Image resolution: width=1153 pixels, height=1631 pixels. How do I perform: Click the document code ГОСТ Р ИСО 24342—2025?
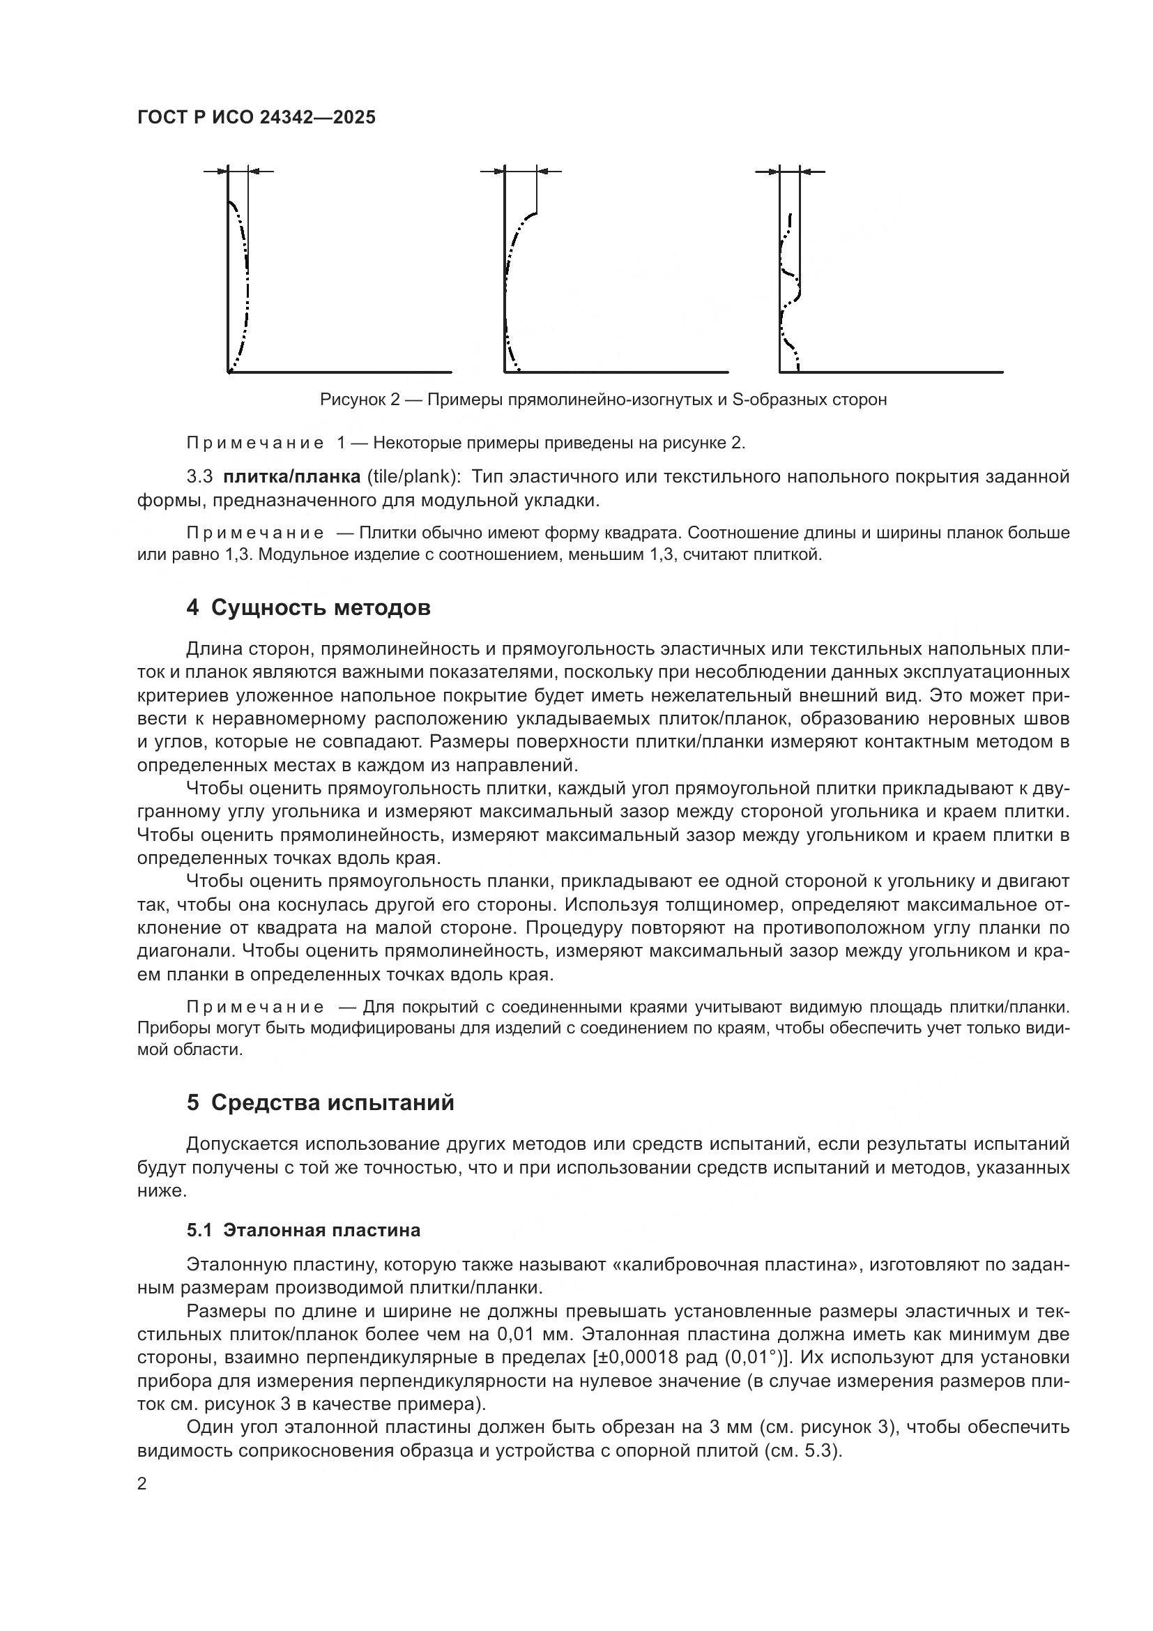(x=257, y=117)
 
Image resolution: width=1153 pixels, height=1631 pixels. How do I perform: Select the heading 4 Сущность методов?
(x=308, y=608)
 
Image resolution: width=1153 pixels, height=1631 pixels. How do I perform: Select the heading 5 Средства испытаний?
(x=320, y=1102)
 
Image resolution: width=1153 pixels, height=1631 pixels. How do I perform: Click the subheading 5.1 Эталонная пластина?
(x=303, y=1230)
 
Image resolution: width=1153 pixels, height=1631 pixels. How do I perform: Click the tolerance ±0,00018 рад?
(x=655, y=1357)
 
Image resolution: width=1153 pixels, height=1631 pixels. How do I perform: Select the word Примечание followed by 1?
(x=255, y=443)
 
